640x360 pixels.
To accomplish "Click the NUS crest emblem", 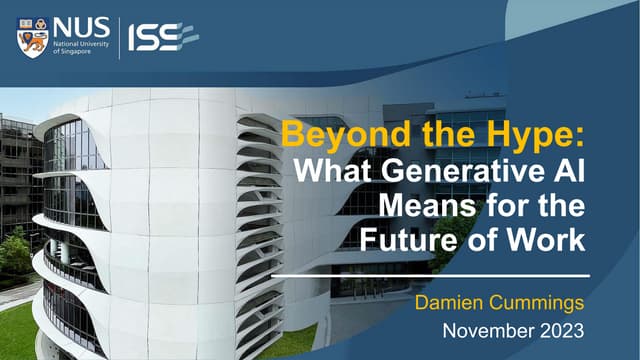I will (x=32, y=37).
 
